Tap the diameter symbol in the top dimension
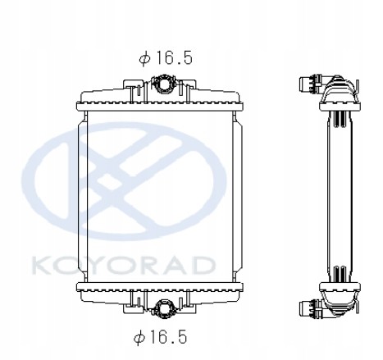pyautogui.click(x=144, y=58)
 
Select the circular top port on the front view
pyautogui.click(x=162, y=85)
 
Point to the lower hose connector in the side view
pyautogui.click(x=312, y=310)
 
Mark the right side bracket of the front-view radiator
pyautogui.click(x=240, y=196)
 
